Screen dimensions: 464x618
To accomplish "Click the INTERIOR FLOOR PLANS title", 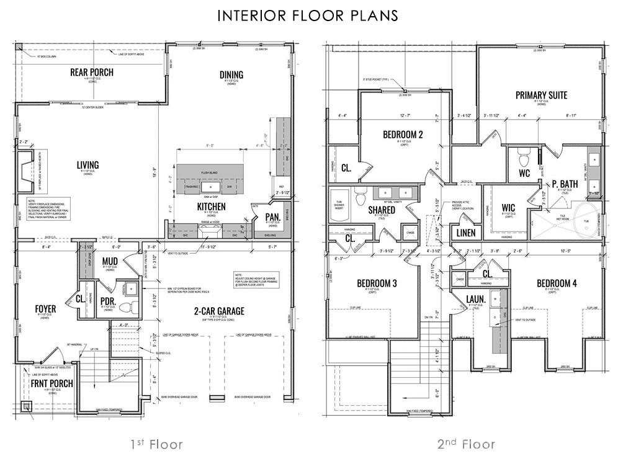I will click(x=308, y=16).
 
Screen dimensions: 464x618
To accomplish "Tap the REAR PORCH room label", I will click(x=91, y=72).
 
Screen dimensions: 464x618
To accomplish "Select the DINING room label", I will click(x=231, y=75).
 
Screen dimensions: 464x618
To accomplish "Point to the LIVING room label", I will click(x=87, y=164).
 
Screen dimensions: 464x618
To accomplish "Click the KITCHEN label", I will click(x=211, y=206).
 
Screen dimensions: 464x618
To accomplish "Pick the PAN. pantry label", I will click(x=272, y=216).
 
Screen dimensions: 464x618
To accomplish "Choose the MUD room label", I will click(x=110, y=260).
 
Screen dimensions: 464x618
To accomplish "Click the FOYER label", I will click(x=45, y=308).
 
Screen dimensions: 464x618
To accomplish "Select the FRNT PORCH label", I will click(x=53, y=383).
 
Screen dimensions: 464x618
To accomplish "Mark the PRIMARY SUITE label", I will click(x=541, y=95).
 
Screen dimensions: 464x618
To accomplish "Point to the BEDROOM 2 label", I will click(x=403, y=134).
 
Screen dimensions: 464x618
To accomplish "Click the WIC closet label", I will click(x=508, y=207).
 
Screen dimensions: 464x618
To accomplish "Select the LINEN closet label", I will click(x=465, y=233).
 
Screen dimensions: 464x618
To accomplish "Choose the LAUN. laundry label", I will click(x=476, y=298).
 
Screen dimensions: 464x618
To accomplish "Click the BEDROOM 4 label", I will click(x=557, y=283).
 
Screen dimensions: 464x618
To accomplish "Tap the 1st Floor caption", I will click(x=156, y=444).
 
